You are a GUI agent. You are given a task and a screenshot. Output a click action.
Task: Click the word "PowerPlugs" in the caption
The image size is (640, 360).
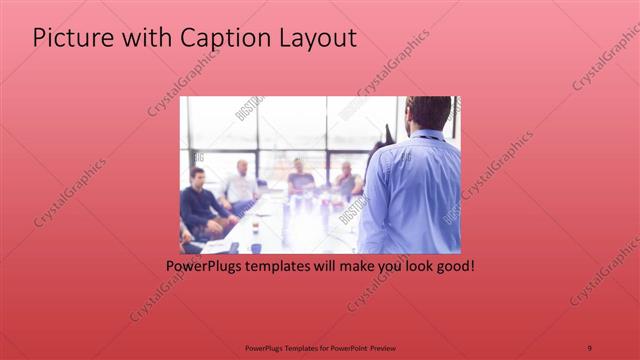click(206, 267)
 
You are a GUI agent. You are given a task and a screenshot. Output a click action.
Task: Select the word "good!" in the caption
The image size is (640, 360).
click(453, 267)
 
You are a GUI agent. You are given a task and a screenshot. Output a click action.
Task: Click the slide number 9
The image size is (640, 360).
click(590, 347)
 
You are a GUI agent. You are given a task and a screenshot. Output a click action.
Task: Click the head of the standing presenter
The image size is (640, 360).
click(429, 113)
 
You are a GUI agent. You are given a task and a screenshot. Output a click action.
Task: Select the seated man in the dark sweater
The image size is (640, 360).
click(199, 205)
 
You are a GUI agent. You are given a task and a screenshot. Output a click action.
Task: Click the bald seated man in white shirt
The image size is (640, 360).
click(241, 184)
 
